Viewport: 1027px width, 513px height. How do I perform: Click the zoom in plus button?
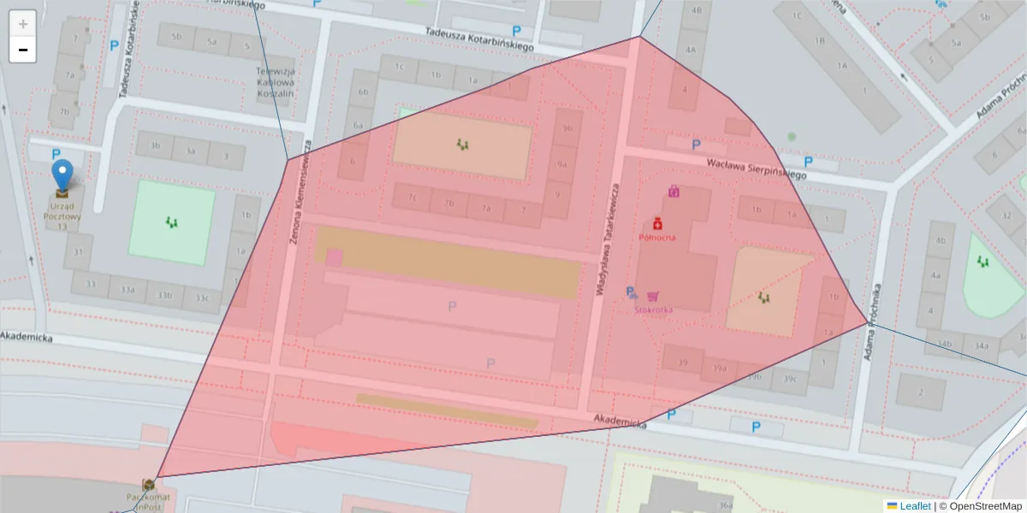[x=23, y=23]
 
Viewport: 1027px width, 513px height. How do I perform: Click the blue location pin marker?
[x=62, y=174]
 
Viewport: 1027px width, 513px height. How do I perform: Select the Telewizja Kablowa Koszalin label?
[x=276, y=83]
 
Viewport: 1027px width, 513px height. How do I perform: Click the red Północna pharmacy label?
[x=657, y=237]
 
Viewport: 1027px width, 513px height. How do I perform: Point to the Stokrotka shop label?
[x=654, y=310]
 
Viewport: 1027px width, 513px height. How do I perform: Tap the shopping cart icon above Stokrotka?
[x=654, y=296]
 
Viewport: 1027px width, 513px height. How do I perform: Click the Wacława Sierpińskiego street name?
[x=757, y=168]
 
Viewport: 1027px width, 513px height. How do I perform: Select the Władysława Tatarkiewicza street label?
[x=607, y=243]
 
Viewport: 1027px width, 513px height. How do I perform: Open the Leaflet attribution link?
[x=914, y=506]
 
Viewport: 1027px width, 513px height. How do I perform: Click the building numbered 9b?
[x=567, y=128]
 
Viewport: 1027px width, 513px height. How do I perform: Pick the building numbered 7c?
[x=413, y=199]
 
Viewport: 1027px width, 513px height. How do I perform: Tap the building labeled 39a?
[x=720, y=369]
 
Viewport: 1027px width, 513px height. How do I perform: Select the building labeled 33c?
[x=201, y=298]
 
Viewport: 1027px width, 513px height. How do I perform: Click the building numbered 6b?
[x=363, y=91]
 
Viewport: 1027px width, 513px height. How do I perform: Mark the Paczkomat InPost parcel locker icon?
[x=149, y=485]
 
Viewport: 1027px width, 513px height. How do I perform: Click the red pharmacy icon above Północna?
[x=657, y=223]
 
